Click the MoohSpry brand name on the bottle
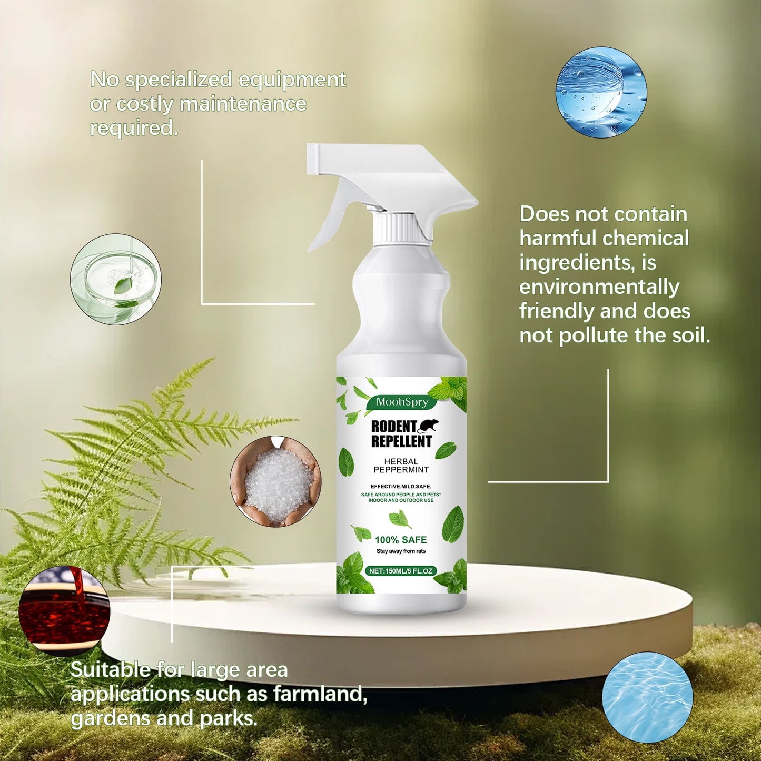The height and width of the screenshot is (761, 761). pyautogui.click(x=402, y=402)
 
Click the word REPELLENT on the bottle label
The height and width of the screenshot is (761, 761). pyautogui.click(x=401, y=441)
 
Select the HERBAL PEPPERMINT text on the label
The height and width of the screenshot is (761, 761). pyautogui.click(x=401, y=466)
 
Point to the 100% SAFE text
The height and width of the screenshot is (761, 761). pyautogui.click(x=401, y=540)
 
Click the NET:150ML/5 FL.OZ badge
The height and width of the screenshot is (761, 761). pyautogui.click(x=401, y=571)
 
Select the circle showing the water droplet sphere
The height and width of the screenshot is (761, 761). pyautogui.click(x=601, y=92)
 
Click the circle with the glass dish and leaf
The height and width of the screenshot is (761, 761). pyautogui.click(x=116, y=279)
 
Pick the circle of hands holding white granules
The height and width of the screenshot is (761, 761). pyautogui.click(x=275, y=481)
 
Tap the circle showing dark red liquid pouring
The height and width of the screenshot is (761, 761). pyautogui.click(x=64, y=611)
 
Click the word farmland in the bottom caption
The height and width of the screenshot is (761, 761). pyautogui.click(x=320, y=694)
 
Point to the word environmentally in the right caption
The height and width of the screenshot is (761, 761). pyautogui.click(x=599, y=287)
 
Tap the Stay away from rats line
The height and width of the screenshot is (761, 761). pyautogui.click(x=401, y=551)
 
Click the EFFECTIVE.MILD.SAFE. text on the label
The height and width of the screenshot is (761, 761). pyautogui.click(x=401, y=486)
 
